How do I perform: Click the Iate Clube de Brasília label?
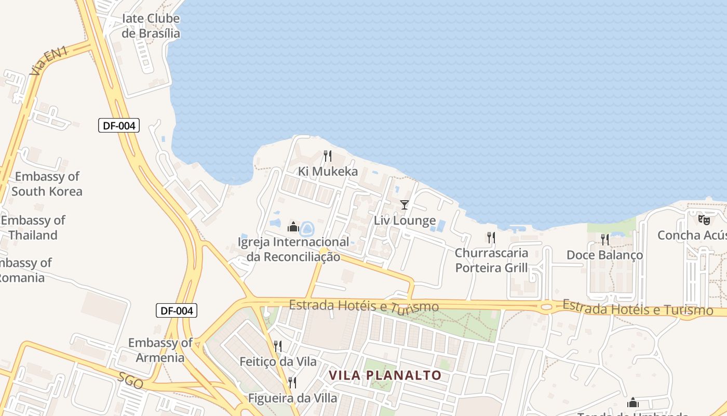[x=151, y=26]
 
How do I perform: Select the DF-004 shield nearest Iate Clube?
[x=119, y=125]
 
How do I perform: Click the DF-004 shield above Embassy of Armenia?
[x=177, y=311]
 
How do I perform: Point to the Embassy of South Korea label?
[x=47, y=184]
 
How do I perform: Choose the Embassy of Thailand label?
[x=33, y=228]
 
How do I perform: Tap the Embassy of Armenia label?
[x=160, y=350]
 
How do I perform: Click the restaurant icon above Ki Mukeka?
[x=328, y=155]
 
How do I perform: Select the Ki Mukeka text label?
[x=328, y=172]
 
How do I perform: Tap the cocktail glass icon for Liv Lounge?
[x=405, y=205]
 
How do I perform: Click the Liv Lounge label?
[x=405, y=220]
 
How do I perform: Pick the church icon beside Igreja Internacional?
[x=293, y=227]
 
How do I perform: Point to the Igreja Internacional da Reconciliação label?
[x=293, y=250]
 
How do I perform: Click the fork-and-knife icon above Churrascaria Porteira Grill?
[x=491, y=238]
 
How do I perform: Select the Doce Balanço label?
[x=604, y=255]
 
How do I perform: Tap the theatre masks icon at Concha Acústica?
[x=704, y=220]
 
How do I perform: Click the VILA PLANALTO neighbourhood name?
[x=385, y=375]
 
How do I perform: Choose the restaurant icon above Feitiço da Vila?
[x=278, y=346]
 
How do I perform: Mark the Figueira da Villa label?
[x=292, y=398]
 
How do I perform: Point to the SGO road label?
[x=130, y=381]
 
